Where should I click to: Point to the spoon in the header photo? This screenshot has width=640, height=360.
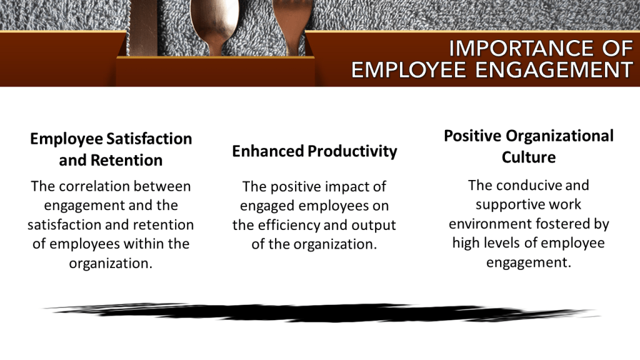point(214,25)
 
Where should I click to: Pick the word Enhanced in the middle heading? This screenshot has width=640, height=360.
point(267,151)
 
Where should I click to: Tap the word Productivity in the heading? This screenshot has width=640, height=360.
point(352,152)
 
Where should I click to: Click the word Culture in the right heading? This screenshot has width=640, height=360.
point(529,157)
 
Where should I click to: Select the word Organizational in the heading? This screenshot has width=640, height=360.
point(559,136)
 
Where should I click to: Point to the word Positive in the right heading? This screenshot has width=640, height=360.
point(472,136)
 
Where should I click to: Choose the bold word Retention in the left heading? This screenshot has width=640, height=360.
point(126,161)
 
